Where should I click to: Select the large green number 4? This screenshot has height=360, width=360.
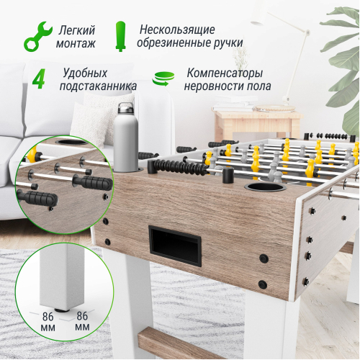pos(38,79)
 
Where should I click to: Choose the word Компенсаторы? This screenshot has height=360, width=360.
pos(224,73)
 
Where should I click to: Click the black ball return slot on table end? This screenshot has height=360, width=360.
pos(175,244)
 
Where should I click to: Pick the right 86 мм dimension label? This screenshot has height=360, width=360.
pos(82,321)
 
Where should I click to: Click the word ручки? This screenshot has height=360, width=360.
pos(226,42)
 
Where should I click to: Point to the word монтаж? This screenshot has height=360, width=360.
pos(75,42)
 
